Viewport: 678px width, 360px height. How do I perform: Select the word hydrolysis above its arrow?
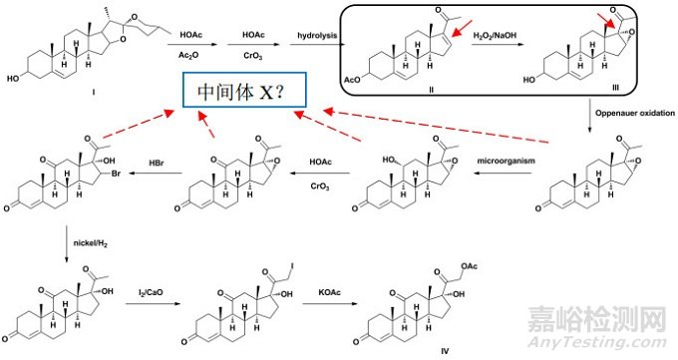pyautogui.click(x=313, y=35)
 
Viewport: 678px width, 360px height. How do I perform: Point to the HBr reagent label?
pyautogui.click(x=158, y=162)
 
